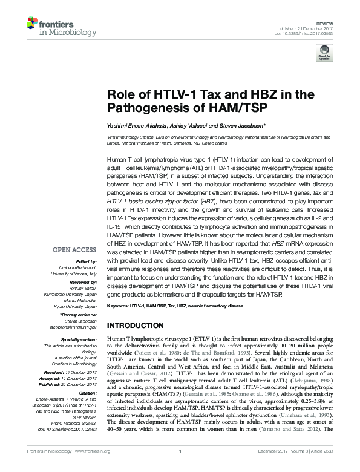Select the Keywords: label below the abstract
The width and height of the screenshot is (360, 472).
(119, 306)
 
